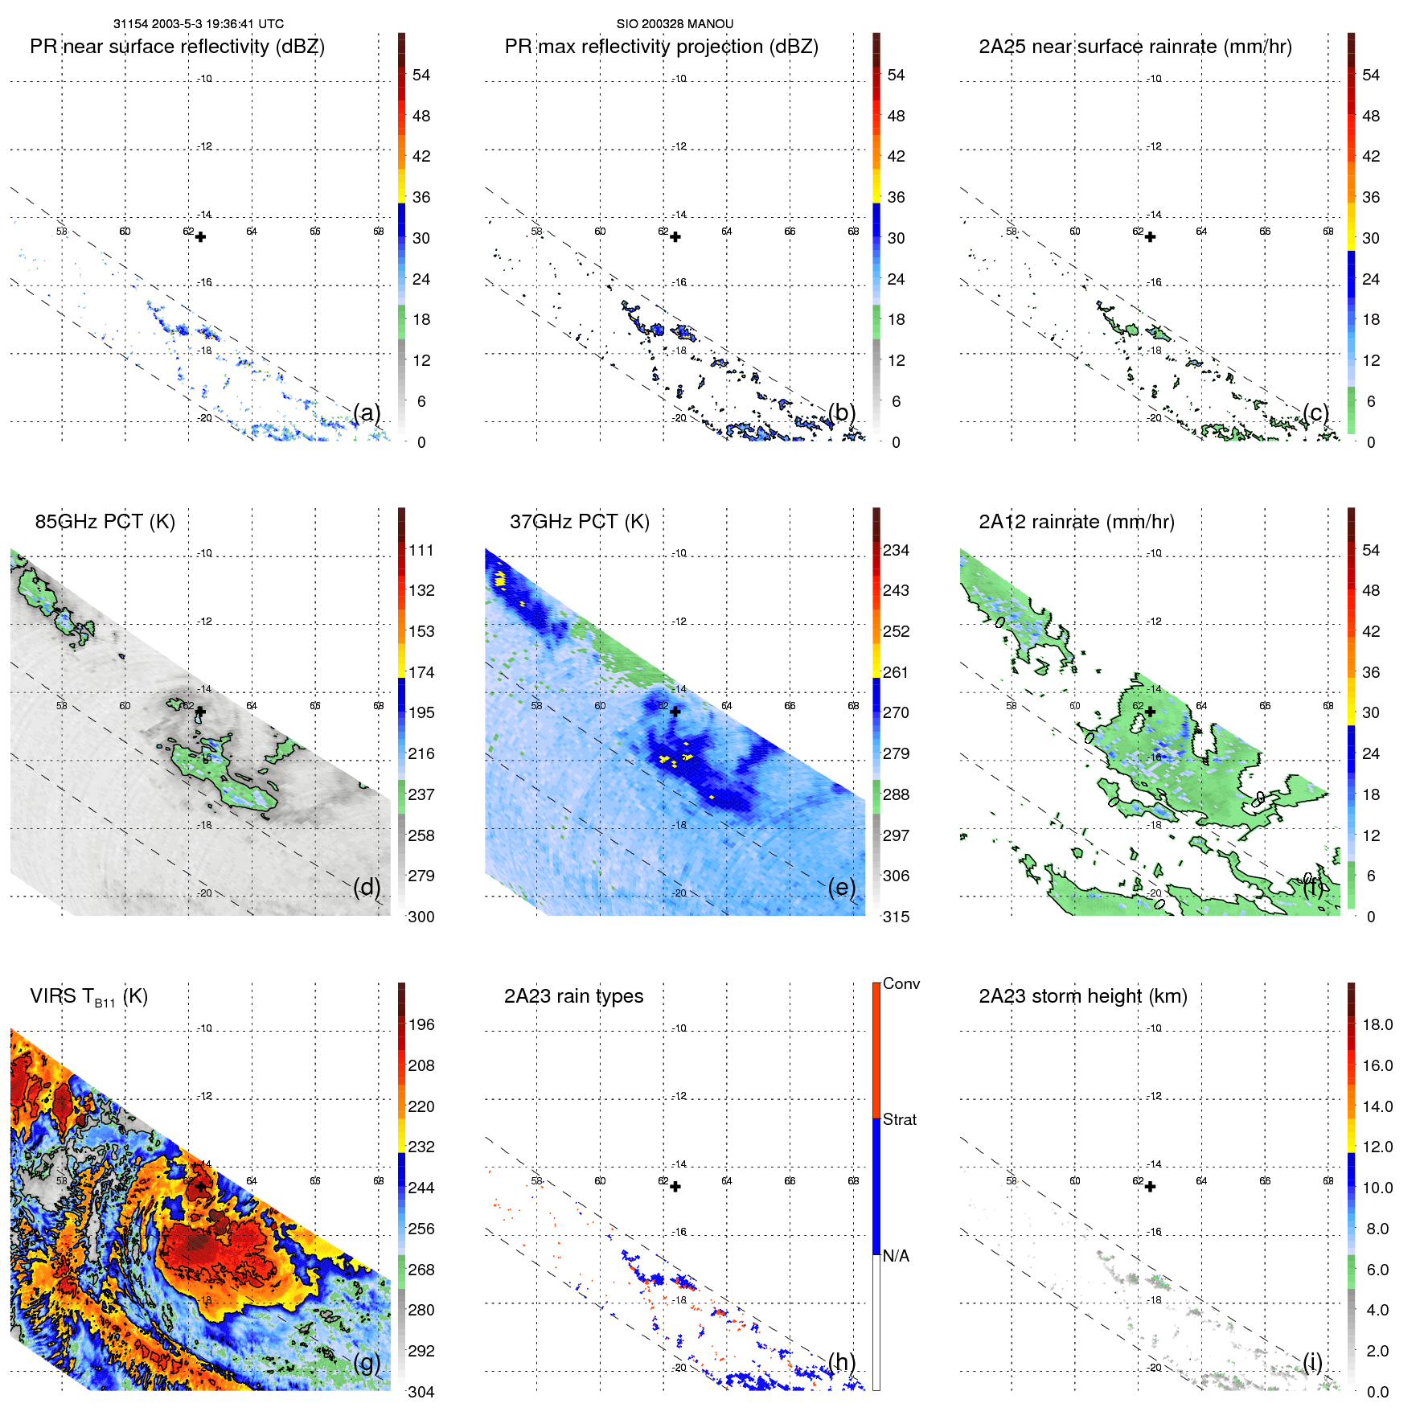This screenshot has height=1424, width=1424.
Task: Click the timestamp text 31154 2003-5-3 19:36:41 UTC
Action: tap(198, 24)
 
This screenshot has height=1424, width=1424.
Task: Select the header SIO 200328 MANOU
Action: tap(675, 24)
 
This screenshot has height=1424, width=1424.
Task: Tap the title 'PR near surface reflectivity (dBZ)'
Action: tap(177, 47)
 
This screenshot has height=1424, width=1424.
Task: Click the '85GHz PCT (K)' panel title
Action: tap(105, 522)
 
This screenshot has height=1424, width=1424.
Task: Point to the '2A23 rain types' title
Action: tap(573, 996)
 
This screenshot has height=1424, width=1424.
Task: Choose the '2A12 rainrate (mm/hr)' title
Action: tap(1076, 522)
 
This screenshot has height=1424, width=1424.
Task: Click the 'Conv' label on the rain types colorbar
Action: tap(901, 984)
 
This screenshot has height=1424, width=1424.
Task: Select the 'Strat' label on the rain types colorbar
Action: tap(899, 1120)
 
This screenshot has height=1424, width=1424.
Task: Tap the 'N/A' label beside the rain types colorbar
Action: tap(896, 1256)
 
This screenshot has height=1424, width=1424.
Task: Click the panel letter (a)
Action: tap(367, 412)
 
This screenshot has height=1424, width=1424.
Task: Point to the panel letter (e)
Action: tap(842, 887)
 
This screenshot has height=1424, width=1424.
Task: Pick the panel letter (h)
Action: tap(842, 1362)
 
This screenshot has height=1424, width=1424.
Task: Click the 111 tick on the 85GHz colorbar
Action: tap(421, 551)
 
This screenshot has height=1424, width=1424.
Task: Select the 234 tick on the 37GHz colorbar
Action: tap(896, 551)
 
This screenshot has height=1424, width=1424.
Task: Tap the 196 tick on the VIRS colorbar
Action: tap(421, 1025)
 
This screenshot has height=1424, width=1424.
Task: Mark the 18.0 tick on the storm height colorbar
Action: tap(1377, 1025)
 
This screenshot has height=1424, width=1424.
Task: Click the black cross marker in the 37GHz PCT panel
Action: tap(675, 712)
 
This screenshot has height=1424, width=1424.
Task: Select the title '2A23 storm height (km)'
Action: tap(1082, 996)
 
